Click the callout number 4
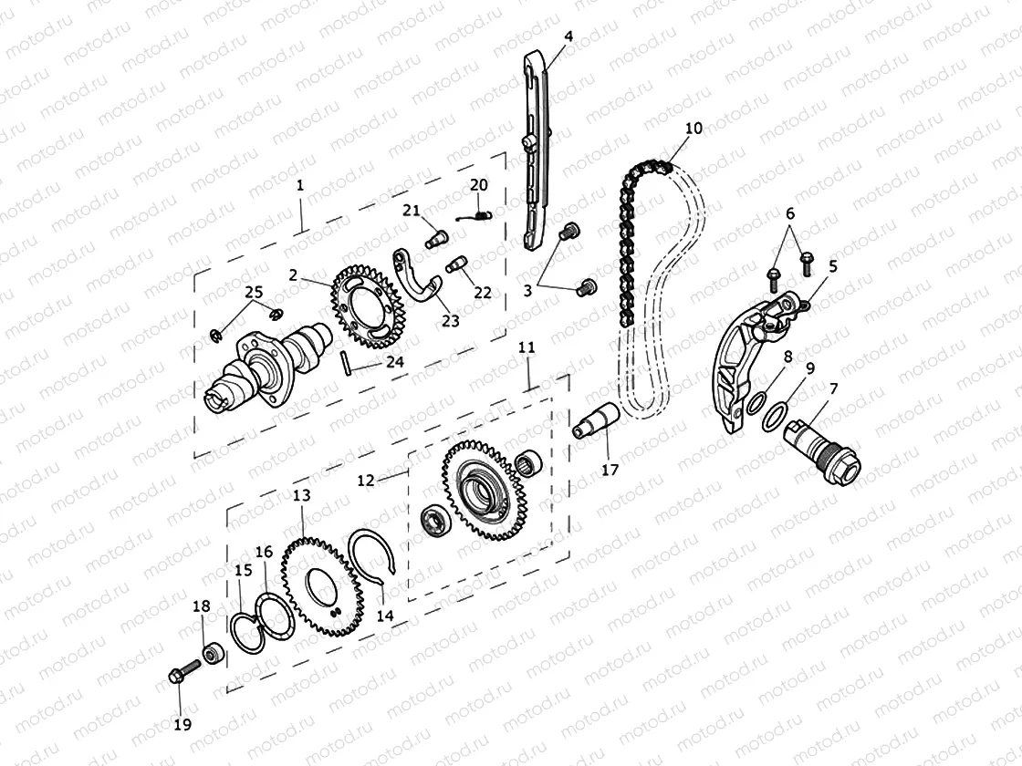[568, 36]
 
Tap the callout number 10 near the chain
[693, 128]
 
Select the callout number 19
[182, 724]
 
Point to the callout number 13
[301, 495]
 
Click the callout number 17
[610, 470]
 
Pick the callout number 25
[253, 292]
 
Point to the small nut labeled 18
[213, 654]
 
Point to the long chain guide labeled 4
[537, 155]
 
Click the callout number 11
[526, 348]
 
